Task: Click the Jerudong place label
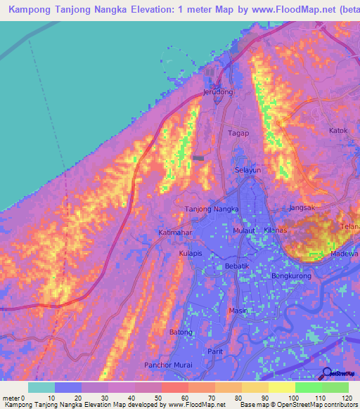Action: [218, 92]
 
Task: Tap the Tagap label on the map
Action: [238, 133]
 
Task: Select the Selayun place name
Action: [247, 171]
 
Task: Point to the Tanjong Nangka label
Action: [212, 209]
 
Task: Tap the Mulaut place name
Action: [245, 230]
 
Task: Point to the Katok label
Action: [339, 131]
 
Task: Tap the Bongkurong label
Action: [291, 277]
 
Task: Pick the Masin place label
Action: [237, 310]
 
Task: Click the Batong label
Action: [181, 332]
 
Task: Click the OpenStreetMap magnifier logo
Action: [326, 373]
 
